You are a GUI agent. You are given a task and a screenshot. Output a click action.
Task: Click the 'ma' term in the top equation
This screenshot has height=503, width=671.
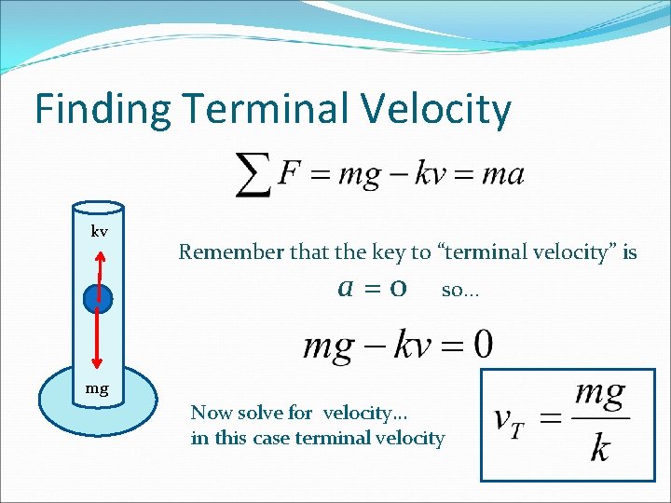click(505, 174)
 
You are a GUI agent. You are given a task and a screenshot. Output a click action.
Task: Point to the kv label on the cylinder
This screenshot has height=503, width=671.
click(99, 230)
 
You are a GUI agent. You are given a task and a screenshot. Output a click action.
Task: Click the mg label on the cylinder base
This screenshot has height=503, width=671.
click(98, 388)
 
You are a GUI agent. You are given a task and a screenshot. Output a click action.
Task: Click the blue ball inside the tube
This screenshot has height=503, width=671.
click(98, 298)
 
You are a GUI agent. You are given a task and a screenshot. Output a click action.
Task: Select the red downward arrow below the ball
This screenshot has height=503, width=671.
click(98, 345)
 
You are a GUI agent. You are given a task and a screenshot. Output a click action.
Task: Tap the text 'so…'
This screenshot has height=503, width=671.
click(459, 291)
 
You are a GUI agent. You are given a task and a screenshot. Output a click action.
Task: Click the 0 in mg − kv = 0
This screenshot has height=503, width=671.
click(483, 346)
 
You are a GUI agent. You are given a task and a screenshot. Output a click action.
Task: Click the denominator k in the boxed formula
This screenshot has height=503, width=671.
click(600, 450)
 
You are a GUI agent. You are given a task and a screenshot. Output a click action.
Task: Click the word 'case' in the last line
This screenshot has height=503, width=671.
click(269, 438)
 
